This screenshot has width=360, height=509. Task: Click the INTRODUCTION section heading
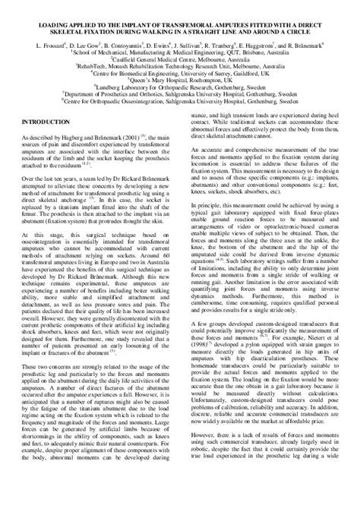click(x=48, y=122)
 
